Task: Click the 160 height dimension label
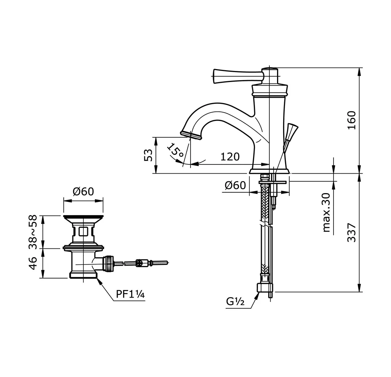click(351, 120)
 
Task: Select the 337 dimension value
click(351, 232)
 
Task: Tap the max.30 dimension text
click(326, 213)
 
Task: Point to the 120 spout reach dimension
click(230, 157)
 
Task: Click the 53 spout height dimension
click(148, 155)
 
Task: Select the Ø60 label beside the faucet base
click(235, 185)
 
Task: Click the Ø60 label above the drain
click(83, 192)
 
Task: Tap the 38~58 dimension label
click(33, 232)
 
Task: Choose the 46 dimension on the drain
click(33, 263)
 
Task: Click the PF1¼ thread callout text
click(130, 295)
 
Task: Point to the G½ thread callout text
click(235, 302)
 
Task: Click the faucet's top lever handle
click(238, 76)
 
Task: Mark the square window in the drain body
click(83, 232)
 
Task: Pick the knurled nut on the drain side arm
click(109, 263)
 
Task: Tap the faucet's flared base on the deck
click(269, 171)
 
